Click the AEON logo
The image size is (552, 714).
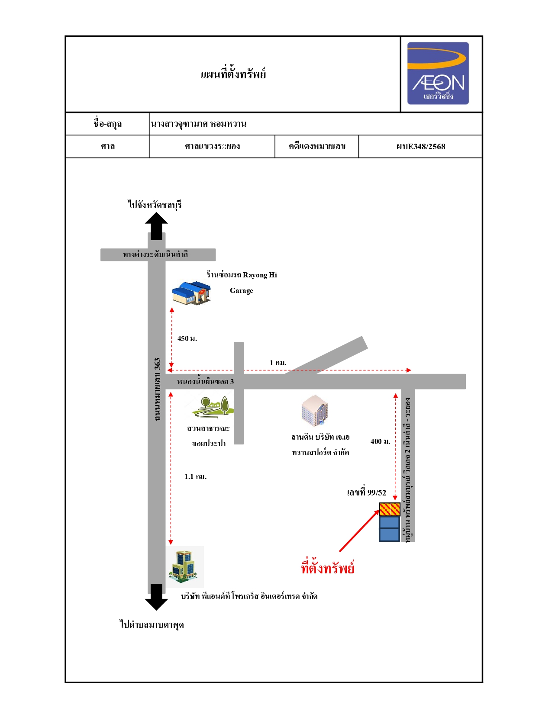pos(438,73)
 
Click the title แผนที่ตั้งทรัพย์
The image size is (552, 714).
pos(233,74)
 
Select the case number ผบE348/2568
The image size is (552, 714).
pos(420,147)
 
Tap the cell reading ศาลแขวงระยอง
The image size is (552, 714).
pos(212,147)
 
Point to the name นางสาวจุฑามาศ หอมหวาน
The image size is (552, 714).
pos(199,124)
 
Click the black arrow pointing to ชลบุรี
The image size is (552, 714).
pos(156,226)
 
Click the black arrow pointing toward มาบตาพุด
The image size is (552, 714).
pos(156,597)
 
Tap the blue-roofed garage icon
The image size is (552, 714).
pos(191,293)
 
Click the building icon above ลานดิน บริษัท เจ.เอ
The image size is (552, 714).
pos(315,410)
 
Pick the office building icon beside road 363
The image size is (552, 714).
pos(185,567)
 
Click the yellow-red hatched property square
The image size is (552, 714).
pos(390,509)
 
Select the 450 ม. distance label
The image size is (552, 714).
pos(187,338)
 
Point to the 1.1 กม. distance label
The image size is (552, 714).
pos(195,476)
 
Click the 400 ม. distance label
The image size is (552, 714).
pos(381,441)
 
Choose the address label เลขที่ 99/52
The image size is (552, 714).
pos(367,492)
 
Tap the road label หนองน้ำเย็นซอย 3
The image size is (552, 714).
pos(206,381)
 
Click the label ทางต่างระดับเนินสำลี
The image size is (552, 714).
pos(155,254)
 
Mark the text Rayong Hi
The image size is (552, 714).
pos(260,275)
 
